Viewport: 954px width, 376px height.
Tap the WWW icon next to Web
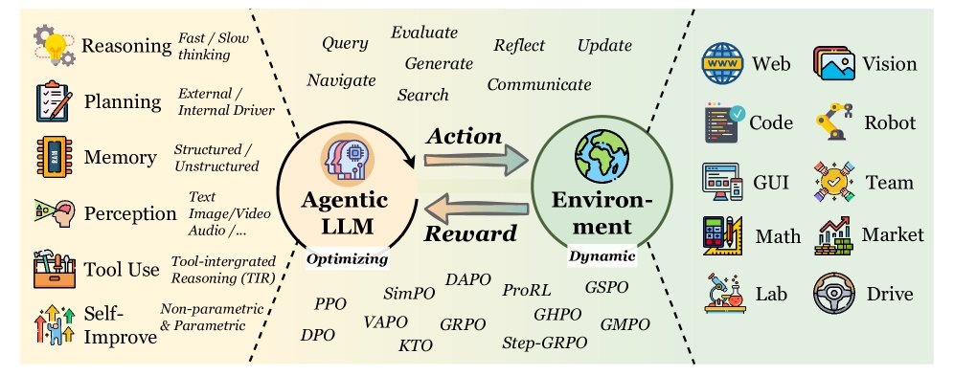click(722, 64)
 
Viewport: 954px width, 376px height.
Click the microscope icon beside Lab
click(722, 294)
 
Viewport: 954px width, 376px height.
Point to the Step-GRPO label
click(542, 343)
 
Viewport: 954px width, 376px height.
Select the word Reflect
click(519, 46)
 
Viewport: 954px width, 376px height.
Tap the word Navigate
click(341, 80)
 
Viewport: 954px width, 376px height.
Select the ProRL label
click(525, 289)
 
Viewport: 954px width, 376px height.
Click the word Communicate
click(539, 84)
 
